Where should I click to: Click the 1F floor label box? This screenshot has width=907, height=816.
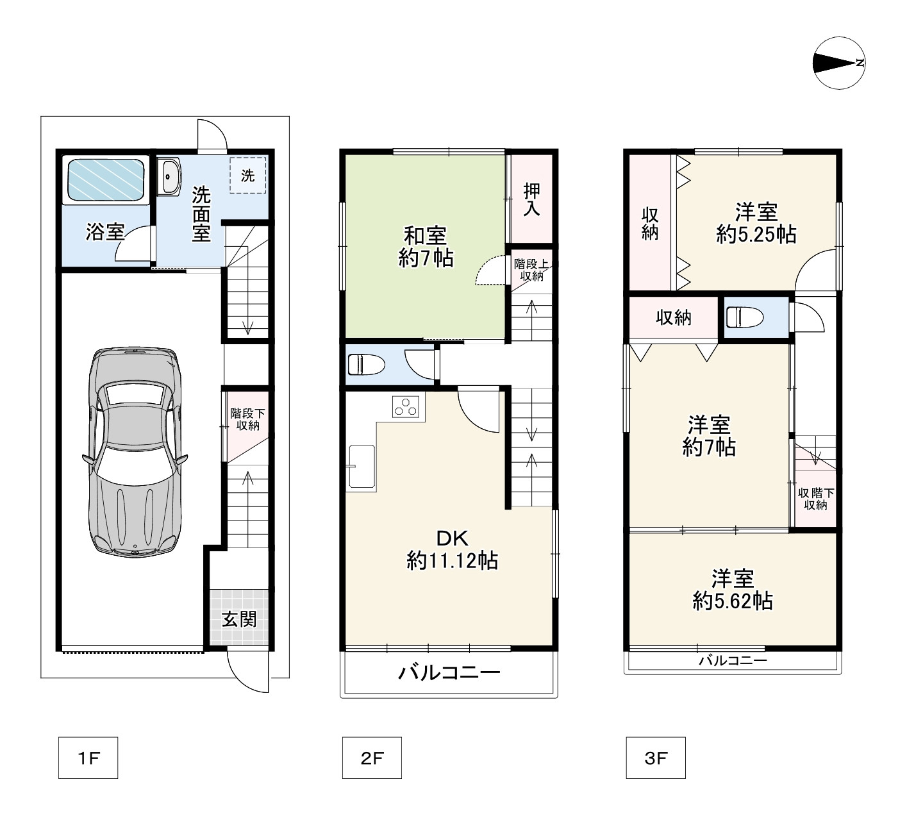click(88, 758)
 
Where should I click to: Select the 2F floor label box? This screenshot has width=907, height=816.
click(372, 758)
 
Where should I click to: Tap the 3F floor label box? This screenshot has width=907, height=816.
click(656, 758)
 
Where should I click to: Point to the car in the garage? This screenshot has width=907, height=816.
click(135, 452)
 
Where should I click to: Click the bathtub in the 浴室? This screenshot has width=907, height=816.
click(106, 179)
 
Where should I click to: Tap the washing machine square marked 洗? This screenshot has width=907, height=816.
click(248, 175)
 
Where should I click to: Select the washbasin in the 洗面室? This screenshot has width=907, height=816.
click(170, 176)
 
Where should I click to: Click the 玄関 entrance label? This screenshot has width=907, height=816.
click(239, 619)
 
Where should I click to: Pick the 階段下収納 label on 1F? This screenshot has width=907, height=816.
click(247, 419)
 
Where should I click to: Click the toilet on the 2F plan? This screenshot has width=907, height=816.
click(366, 364)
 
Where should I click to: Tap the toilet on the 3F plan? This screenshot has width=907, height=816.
click(744, 317)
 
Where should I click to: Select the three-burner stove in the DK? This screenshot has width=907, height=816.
click(406, 406)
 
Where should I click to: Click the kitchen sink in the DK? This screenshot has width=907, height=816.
click(362, 467)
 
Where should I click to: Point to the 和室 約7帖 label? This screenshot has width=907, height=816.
click(426, 247)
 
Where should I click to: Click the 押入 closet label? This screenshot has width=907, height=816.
click(532, 199)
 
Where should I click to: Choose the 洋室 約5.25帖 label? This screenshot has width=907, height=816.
click(756, 223)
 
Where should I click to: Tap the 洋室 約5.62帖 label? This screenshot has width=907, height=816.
click(733, 590)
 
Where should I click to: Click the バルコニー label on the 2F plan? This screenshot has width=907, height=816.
click(449, 673)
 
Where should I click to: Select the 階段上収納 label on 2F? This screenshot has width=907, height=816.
click(532, 270)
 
